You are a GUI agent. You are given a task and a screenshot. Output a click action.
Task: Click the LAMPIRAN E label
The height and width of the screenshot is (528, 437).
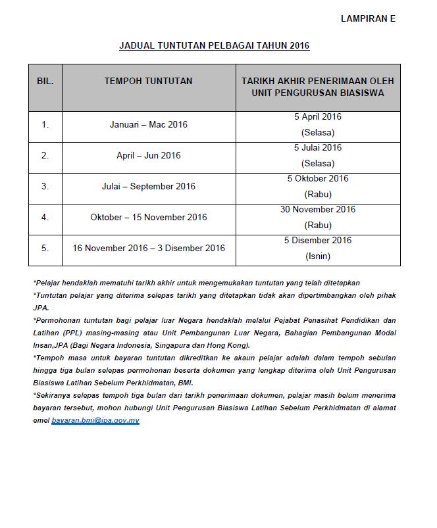pyautogui.click(x=367, y=19)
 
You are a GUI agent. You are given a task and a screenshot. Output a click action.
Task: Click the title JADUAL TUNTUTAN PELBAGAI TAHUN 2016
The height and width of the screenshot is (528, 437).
pyautogui.click(x=214, y=46)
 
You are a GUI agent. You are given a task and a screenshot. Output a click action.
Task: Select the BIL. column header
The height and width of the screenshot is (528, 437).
pyautogui.click(x=45, y=81)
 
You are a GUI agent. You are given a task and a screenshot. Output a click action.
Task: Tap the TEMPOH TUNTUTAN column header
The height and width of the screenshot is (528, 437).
pyautogui.click(x=148, y=81)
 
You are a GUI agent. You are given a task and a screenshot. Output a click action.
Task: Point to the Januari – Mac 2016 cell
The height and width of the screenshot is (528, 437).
pyautogui.click(x=148, y=124)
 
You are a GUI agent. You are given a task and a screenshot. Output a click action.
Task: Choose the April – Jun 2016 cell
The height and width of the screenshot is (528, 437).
pyautogui.click(x=148, y=156)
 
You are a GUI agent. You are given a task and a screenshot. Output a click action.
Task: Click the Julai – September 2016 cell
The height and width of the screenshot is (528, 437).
pyautogui.click(x=148, y=187)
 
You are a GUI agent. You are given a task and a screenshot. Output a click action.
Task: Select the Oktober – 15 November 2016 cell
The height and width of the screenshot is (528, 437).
pyautogui.click(x=148, y=217)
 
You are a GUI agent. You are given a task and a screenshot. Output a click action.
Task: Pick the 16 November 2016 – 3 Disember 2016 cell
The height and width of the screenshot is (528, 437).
pyautogui.click(x=148, y=248)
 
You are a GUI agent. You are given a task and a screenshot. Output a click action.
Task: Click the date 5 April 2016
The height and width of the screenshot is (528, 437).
pyautogui.click(x=317, y=117)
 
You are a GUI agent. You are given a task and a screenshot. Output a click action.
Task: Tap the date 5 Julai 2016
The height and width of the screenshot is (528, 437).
pyautogui.click(x=317, y=148)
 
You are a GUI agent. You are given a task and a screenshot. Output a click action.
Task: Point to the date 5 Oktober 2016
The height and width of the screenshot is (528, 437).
pyautogui.click(x=317, y=179)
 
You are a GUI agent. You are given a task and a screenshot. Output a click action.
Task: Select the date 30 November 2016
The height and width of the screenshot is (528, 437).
pyautogui.click(x=317, y=210)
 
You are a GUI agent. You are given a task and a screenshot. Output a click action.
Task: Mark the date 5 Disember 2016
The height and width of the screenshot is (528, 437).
pyautogui.click(x=317, y=241)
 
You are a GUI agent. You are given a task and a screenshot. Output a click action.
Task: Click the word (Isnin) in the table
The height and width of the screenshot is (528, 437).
pyautogui.click(x=317, y=256)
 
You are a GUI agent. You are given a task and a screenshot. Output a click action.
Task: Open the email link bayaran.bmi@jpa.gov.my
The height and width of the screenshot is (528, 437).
pyautogui.click(x=95, y=420)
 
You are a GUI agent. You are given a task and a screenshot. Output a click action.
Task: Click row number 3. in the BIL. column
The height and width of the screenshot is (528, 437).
pyautogui.click(x=45, y=187)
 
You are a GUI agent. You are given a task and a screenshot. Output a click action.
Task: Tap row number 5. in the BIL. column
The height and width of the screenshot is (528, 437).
pyautogui.click(x=45, y=248)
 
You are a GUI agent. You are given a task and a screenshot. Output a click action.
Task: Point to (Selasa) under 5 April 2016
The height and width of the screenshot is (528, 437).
pyautogui.click(x=317, y=133)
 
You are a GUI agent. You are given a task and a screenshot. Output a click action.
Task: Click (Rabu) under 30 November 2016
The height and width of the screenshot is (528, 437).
pyautogui.click(x=317, y=226)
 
